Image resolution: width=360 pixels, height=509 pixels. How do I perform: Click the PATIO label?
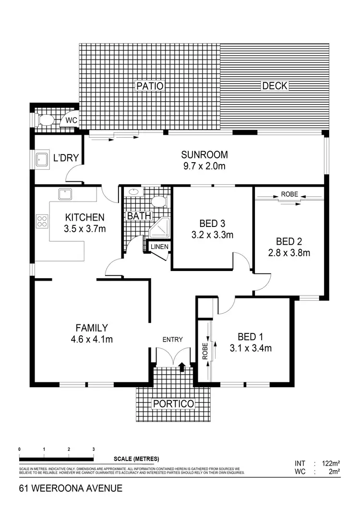150,86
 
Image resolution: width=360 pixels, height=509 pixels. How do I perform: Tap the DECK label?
275,86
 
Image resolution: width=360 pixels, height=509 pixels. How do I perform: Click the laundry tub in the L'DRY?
42,160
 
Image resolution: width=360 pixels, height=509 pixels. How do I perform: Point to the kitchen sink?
65,194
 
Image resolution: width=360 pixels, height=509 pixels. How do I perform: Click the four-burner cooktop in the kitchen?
42,221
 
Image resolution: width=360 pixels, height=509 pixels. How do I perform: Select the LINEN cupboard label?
159,247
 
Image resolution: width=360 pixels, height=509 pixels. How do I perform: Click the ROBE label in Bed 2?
289,194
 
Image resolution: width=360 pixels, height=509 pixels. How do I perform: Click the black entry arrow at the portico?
182,367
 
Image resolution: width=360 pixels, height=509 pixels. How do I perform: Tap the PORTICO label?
173,404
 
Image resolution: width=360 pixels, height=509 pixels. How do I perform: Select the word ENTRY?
172,340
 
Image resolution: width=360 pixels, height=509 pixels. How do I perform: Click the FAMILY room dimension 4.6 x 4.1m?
91,340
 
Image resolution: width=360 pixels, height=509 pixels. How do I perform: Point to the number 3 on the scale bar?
93,449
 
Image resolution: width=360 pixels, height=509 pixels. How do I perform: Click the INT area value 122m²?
331,463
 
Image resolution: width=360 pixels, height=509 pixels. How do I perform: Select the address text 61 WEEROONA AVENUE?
71,489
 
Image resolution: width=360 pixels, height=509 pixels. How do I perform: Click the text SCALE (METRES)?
136,459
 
